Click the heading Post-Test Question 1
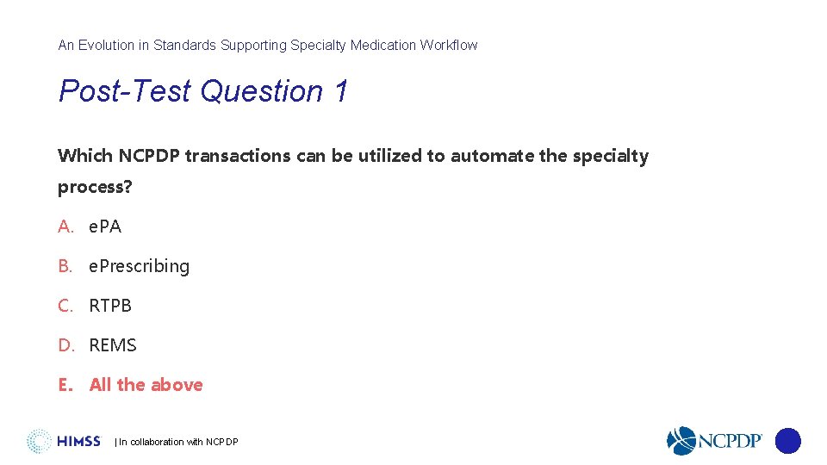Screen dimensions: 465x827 tap(203, 91)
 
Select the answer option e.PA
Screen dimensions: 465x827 tap(105, 226)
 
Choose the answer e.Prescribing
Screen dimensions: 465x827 tap(139, 266)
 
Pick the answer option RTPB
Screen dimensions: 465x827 tap(110, 306)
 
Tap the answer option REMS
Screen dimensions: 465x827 tap(113, 345)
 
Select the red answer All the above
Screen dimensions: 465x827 tap(146, 385)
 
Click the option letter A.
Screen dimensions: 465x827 tap(65, 226)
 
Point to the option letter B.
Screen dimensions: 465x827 tap(65, 266)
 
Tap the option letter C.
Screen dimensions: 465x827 tap(65, 306)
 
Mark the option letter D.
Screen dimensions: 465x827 tap(66, 345)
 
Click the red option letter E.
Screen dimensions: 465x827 tap(65, 385)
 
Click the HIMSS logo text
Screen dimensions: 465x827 tap(78, 442)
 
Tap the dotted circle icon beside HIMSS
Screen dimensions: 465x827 tap(39, 441)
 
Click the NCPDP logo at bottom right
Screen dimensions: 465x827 tap(715, 441)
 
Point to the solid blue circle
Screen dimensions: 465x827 tap(787, 441)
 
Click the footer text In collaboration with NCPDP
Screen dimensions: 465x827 tap(177, 443)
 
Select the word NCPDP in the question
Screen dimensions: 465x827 tap(149, 156)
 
